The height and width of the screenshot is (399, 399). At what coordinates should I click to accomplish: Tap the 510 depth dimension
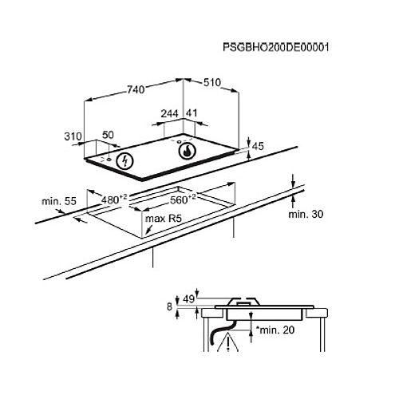(x=211, y=82)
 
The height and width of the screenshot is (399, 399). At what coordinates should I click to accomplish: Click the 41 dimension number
(x=192, y=113)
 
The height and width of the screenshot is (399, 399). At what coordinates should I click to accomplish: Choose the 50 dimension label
(x=109, y=136)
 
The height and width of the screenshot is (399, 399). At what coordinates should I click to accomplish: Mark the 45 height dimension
(x=257, y=146)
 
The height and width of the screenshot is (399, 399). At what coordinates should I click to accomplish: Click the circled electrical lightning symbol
(x=124, y=160)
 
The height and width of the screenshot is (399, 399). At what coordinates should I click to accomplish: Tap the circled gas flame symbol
(x=186, y=150)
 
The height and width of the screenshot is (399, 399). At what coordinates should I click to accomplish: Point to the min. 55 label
(x=58, y=203)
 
